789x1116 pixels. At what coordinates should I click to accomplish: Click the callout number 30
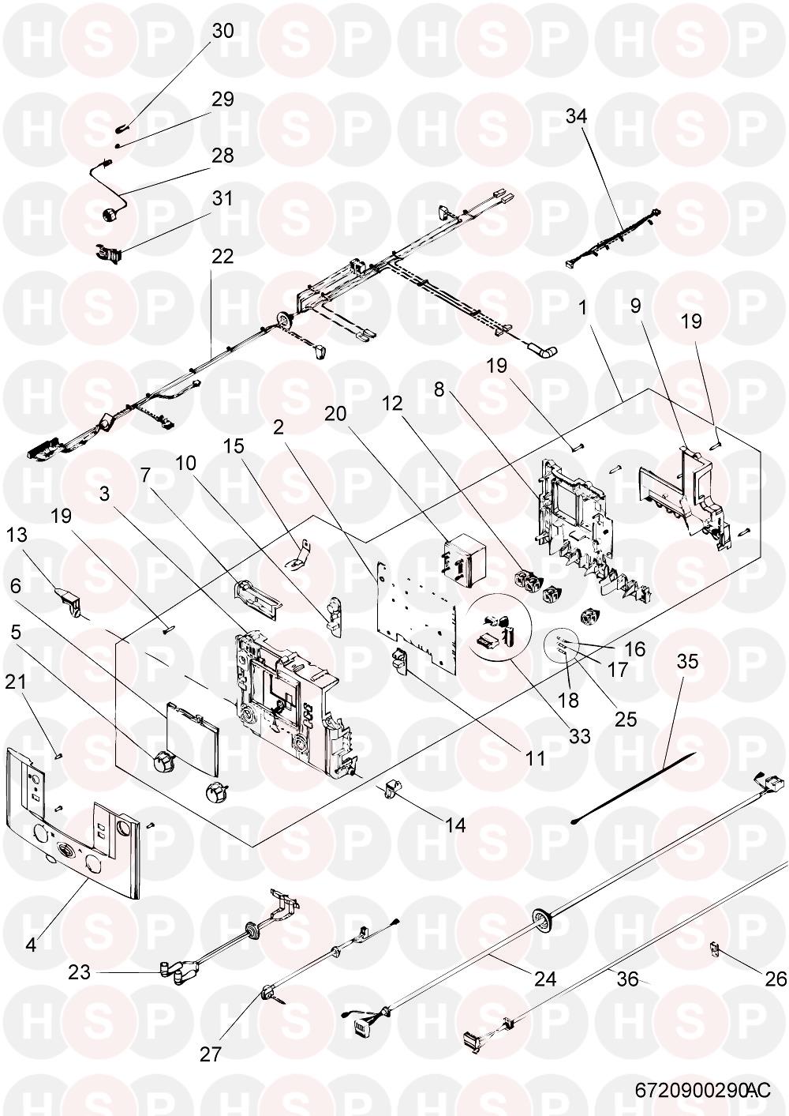(x=222, y=31)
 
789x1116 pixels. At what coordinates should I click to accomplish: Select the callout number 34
(x=577, y=117)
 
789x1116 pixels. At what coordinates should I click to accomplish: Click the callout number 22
(x=222, y=257)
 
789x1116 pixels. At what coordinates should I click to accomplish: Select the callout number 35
(x=687, y=662)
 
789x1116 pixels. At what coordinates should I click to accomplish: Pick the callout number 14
(x=455, y=825)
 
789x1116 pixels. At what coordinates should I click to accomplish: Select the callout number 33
(x=579, y=736)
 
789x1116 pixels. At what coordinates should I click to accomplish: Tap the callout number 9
(x=636, y=306)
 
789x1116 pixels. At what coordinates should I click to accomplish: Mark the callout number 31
(x=222, y=198)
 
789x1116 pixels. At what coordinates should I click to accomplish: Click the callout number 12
(x=392, y=403)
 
